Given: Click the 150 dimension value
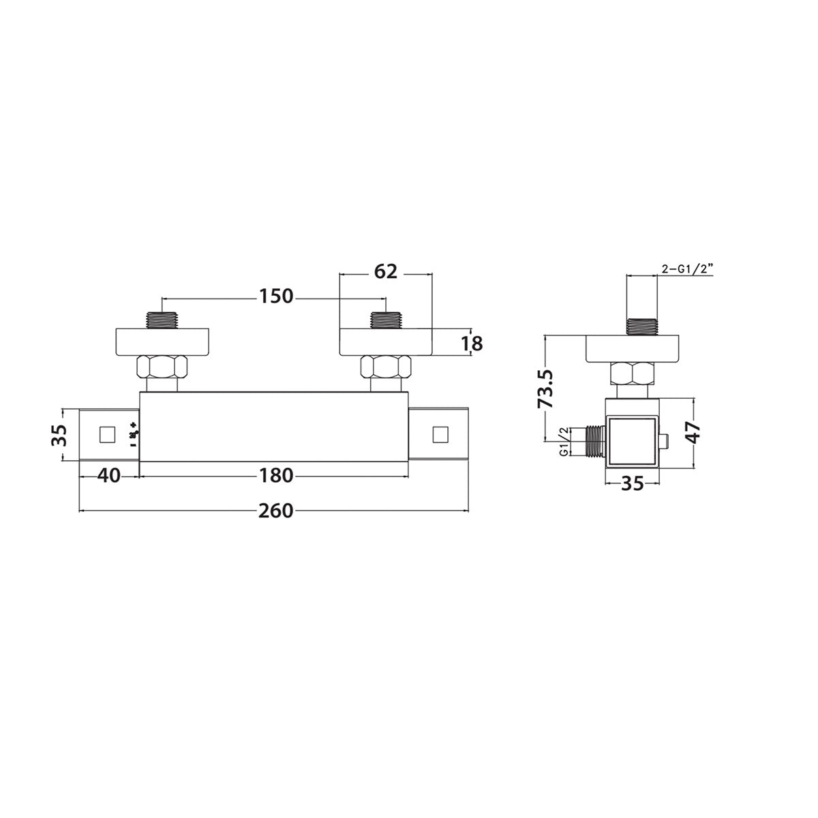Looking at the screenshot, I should pos(275,297).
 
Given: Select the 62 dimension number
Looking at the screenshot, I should pos(385,271).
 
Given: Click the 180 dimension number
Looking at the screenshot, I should pos(275,475).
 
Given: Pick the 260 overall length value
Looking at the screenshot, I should pos(275,510).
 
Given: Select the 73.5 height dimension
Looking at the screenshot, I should pos(545,389).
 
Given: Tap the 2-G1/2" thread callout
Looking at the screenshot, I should pos(687,270).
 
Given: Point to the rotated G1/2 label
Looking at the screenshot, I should pos(564,442).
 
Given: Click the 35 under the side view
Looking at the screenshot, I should pos(633,483).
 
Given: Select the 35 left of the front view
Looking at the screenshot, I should pos(60,434).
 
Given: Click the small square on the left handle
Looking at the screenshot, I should pos(107,434).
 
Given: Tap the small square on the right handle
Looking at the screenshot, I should pos(440,434).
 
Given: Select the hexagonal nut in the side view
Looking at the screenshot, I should pos(633,374).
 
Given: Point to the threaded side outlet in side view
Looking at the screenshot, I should pos(594,441).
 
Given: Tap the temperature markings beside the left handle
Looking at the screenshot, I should pos(134,435).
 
